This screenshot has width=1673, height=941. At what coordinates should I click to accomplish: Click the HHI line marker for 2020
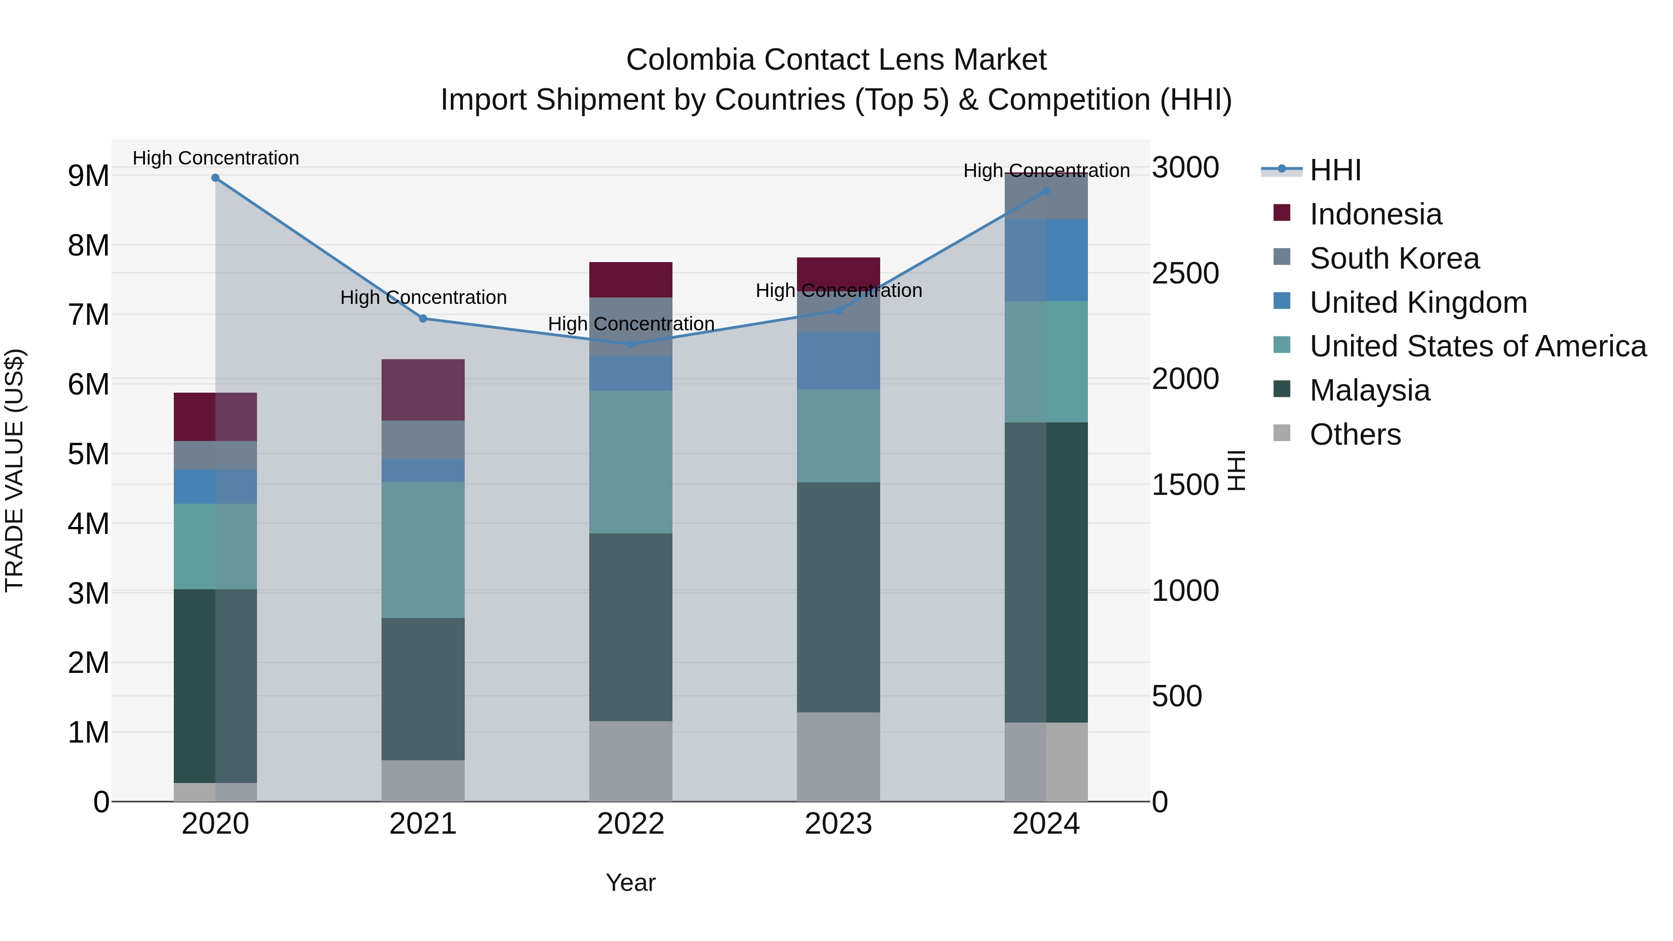pos(216,178)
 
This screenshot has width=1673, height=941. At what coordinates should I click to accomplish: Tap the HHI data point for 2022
pos(631,344)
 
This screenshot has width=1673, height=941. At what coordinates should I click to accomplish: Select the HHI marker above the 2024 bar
pos(1046,191)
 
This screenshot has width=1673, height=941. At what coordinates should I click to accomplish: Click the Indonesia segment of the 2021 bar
pos(423,390)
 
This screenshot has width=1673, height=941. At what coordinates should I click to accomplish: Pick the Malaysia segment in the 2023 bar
pos(838,598)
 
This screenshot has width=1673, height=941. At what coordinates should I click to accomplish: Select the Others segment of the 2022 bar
pos(631,761)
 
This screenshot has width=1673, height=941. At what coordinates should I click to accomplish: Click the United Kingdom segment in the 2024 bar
pos(1046,260)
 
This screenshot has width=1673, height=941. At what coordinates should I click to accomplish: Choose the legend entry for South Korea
pos(1394,258)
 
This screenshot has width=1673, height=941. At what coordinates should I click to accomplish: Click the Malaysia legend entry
pos(1370,390)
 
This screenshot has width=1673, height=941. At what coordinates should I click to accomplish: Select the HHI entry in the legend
pos(1335,170)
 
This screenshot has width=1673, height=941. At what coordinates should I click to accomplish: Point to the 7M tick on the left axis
pos(89,315)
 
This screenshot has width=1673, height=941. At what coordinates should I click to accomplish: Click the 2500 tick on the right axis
pos(1185,273)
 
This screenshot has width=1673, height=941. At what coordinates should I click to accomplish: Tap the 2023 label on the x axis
pos(838,824)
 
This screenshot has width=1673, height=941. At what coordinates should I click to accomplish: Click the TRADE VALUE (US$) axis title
pos(14,470)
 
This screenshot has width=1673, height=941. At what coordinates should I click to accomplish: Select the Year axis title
pos(631,882)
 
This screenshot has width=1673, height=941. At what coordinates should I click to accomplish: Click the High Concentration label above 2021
pos(423,297)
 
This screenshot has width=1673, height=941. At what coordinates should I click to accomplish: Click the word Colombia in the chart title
pos(691,60)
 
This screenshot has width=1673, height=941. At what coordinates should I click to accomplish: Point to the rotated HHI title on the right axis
pos(1237,470)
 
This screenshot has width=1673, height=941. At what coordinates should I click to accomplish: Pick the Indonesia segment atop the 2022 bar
pos(631,280)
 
